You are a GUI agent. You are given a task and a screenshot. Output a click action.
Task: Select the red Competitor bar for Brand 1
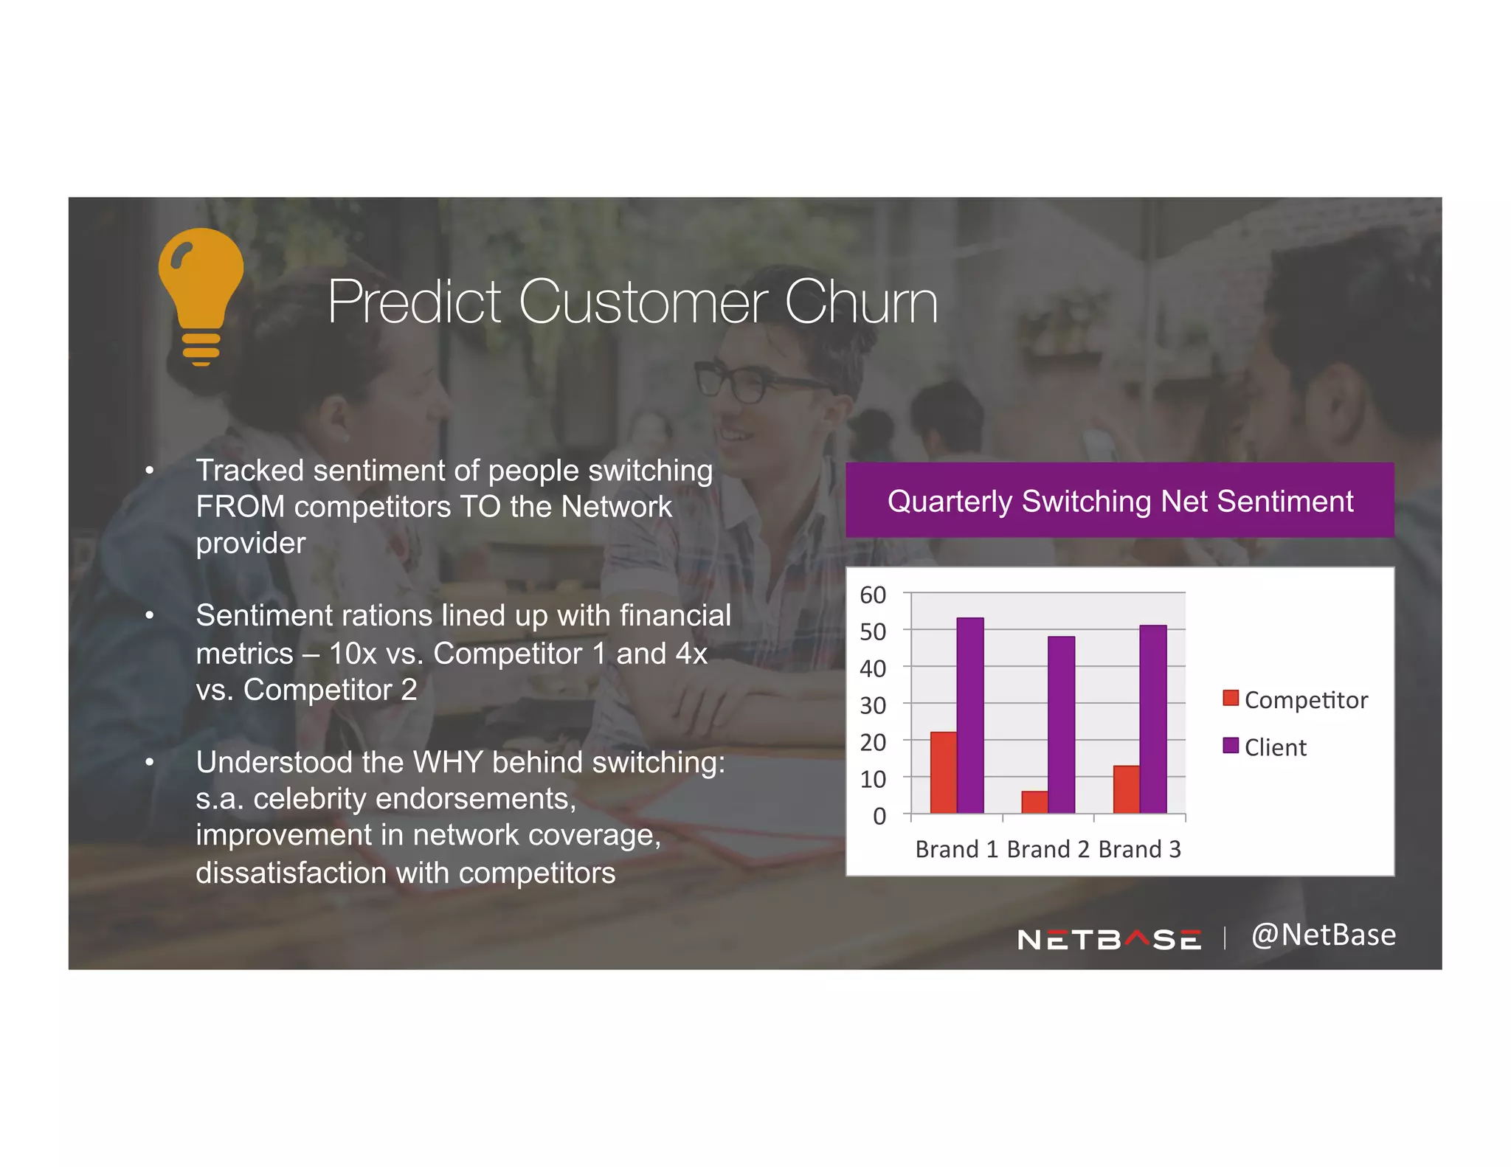[943, 772]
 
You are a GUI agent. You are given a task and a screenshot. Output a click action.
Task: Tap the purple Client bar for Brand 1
[969, 715]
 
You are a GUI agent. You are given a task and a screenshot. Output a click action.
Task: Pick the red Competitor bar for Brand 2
[1034, 802]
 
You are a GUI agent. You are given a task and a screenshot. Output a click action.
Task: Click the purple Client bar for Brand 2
[1061, 724]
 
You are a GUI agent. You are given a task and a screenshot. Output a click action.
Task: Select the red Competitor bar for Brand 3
[1126, 789]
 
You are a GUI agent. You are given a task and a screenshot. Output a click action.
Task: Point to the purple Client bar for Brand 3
[1152, 719]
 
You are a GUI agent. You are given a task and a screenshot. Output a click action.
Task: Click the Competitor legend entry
[1296, 699]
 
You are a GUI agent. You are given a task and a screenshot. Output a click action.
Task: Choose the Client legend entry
[1266, 747]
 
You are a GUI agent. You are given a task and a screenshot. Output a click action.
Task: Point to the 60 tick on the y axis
[873, 595]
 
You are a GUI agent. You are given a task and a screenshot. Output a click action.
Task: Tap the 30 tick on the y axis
[873, 705]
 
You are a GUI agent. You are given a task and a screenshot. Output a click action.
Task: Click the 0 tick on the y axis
[879, 816]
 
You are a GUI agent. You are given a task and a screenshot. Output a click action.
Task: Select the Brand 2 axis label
[1048, 849]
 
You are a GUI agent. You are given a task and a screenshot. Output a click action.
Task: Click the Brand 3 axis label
[1139, 849]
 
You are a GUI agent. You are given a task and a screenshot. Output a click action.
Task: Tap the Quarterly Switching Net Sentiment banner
[1119, 501]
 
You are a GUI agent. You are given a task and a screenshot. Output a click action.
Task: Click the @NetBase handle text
[1324, 935]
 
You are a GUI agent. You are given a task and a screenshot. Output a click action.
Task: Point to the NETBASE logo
[1109, 939]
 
